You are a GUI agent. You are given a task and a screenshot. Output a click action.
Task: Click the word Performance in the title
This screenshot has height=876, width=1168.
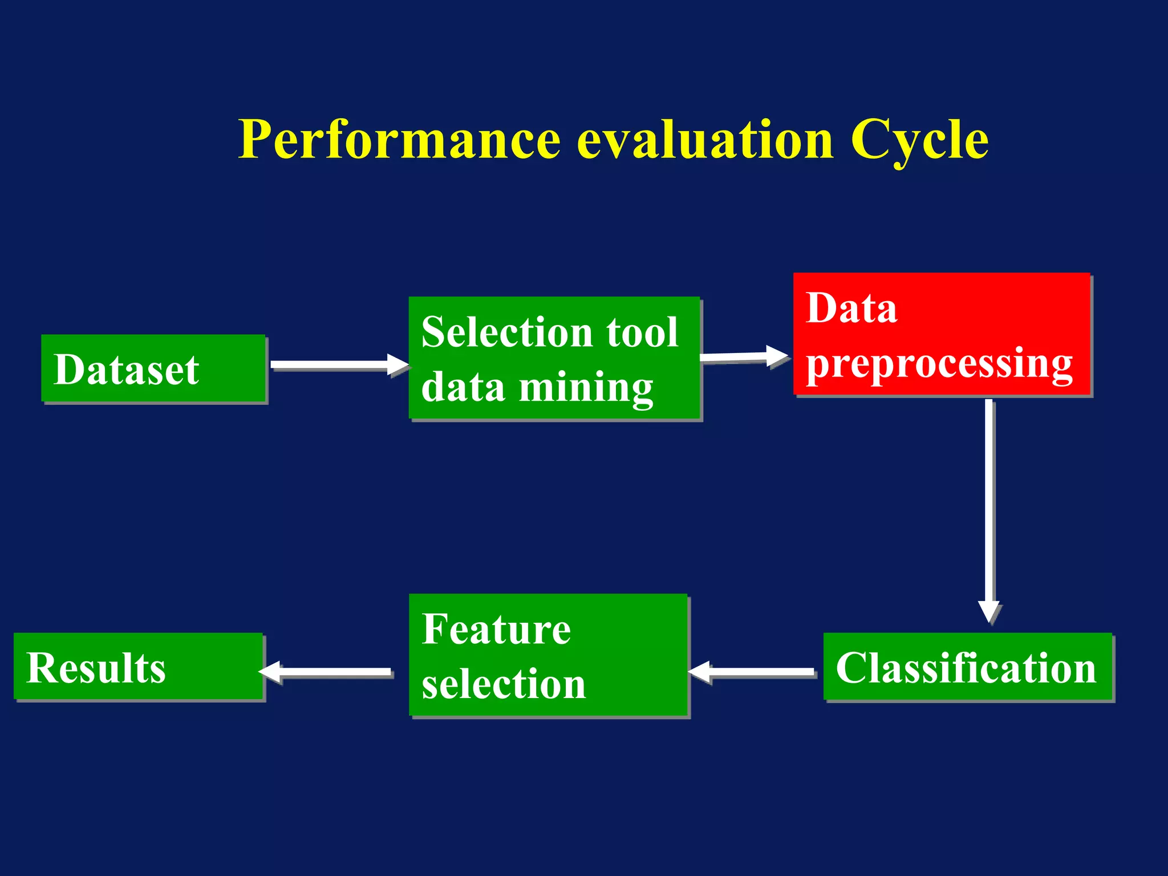[399, 140]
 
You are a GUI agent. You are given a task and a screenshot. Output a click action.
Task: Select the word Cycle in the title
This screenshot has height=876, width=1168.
[919, 140]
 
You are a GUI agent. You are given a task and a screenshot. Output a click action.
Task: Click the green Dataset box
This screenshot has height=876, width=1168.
[153, 369]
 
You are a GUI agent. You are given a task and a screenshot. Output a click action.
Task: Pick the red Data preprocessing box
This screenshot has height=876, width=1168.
[942, 334]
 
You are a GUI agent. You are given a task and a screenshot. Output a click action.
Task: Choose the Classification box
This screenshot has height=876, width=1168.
[968, 667]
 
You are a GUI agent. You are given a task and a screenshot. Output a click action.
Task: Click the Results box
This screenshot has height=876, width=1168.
[139, 667]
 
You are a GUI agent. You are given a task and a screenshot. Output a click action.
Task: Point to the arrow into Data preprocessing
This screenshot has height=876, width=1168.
[744, 357]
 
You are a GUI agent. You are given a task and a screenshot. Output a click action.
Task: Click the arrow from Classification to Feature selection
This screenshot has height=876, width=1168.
[753, 672]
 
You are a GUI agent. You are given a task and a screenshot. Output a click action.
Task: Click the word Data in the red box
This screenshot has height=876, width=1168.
[851, 308]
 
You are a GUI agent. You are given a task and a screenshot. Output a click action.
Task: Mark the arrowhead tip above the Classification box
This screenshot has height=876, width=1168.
[989, 622]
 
